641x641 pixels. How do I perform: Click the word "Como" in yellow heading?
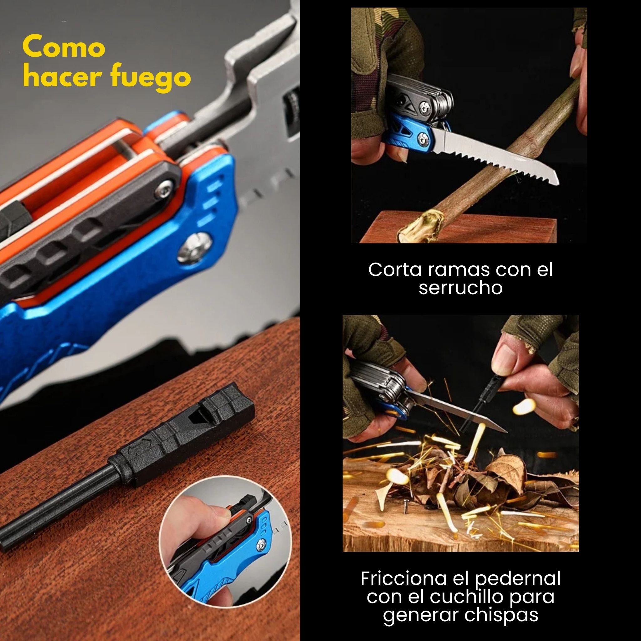64,47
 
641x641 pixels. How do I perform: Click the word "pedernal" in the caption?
518,579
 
